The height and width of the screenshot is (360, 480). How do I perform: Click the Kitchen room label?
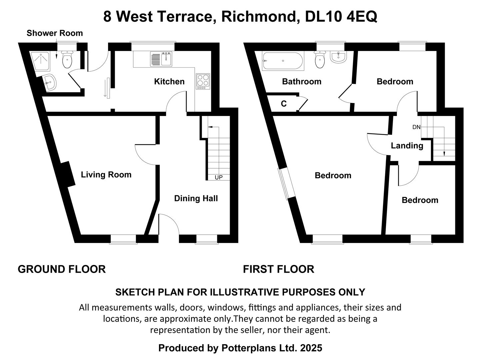[x=169, y=82]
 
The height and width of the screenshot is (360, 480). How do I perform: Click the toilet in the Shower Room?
[x=67, y=60]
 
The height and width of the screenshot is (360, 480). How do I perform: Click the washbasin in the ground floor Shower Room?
[x=50, y=82]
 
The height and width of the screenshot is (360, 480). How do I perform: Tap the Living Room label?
[x=106, y=175]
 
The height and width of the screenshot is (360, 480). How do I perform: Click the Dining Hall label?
[x=196, y=199]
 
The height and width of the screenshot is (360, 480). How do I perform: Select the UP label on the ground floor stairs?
[x=218, y=177]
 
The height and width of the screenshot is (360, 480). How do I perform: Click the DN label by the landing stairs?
[x=416, y=127]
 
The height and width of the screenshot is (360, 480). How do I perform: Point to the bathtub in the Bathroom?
[x=283, y=61]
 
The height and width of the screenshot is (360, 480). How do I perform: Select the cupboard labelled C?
[x=284, y=104]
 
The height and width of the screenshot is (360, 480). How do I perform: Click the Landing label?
[x=407, y=146]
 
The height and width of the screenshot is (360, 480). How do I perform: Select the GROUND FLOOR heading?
[x=62, y=269]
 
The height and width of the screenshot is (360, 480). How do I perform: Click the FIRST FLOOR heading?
[x=278, y=269]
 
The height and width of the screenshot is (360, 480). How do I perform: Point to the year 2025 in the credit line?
[x=311, y=348]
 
